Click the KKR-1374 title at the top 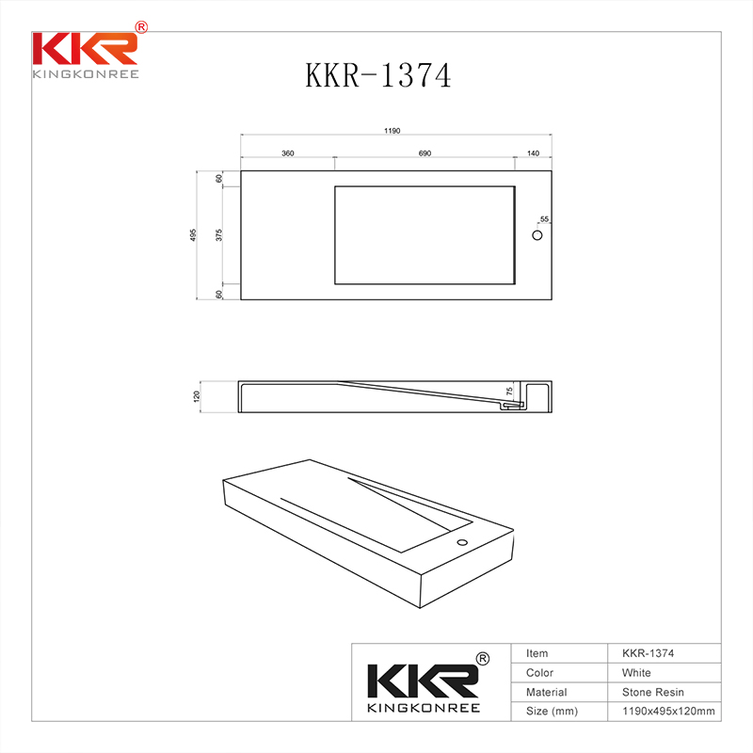click(377, 75)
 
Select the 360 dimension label click(288, 152)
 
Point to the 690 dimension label click(424, 152)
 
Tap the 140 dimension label click(533, 152)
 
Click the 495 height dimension click(193, 234)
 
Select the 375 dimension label click(218, 234)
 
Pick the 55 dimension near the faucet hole click(544, 219)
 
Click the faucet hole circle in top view click(538, 234)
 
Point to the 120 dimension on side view click(198, 396)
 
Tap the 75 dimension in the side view click(509, 391)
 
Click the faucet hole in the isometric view click(462, 543)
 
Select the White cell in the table click(636, 673)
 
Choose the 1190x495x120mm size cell click(668, 712)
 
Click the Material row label click(547, 692)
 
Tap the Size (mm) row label click(552, 712)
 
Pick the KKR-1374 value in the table click(648, 653)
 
